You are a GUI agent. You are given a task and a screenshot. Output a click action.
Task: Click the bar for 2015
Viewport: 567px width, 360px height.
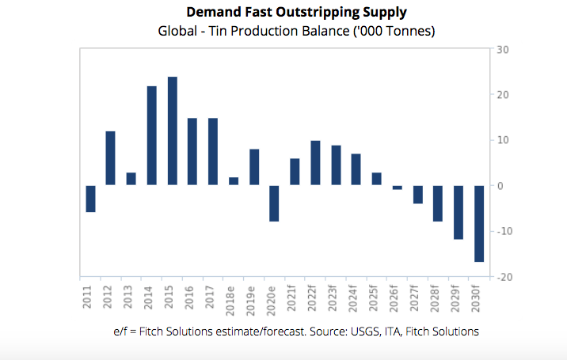pyautogui.click(x=173, y=131)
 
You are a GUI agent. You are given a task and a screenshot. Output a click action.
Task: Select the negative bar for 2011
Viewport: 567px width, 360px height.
pyautogui.click(x=90, y=199)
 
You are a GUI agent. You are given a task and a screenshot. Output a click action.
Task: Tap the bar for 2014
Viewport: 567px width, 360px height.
pyautogui.click(x=152, y=135)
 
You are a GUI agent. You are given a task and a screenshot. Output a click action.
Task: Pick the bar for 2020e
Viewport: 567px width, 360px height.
pyautogui.click(x=275, y=203)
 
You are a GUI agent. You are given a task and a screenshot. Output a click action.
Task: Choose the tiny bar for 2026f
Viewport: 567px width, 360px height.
pyautogui.click(x=398, y=188)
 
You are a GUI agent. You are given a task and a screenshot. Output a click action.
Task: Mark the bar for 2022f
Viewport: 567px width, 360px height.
pyautogui.click(x=315, y=163)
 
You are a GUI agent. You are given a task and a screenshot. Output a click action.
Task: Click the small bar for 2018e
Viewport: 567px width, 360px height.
pyautogui.click(x=234, y=181)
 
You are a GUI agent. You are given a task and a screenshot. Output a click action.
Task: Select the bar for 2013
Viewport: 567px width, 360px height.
pyautogui.click(x=131, y=179)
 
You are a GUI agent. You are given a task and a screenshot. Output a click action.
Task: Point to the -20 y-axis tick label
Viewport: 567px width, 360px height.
pyautogui.click(x=501, y=278)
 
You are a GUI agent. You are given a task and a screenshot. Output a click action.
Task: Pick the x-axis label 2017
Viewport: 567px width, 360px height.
pyautogui.click(x=213, y=297)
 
